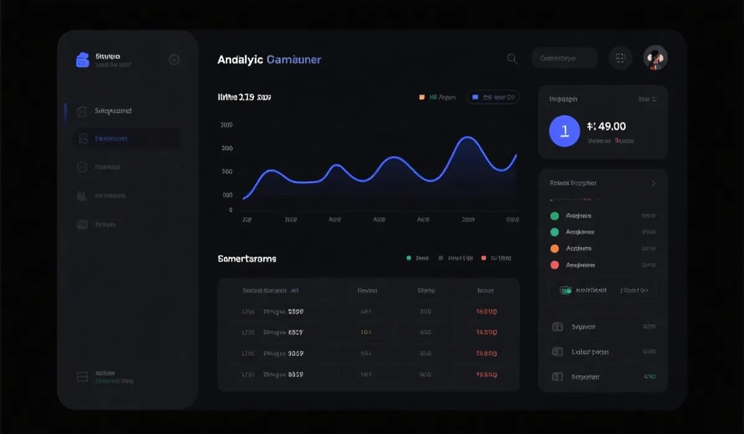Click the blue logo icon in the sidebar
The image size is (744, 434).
(x=82, y=60)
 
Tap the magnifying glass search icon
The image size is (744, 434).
(x=512, y=58)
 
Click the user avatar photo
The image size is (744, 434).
(x=655, y=58)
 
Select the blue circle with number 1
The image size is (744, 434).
(x=564, y=130)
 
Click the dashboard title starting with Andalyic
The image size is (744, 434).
(x=269, y=60)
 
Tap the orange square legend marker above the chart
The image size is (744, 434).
(x=422, y=97)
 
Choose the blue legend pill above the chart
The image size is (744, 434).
(x=493, y=97)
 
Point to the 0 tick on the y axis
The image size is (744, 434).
(x=230, y=210)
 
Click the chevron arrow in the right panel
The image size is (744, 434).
(x=653, y=184)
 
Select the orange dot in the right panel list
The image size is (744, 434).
(x=555, y=249)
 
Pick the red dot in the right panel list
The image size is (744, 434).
(x=555, y=265)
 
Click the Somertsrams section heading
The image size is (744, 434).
(x=247, y=259)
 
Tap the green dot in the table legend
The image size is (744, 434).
(x=408, y=258)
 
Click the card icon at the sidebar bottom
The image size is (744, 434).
(x=82, y=377)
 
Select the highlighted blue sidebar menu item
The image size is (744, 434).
(x=126, y=139)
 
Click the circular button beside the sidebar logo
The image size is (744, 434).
(x=174, y=60)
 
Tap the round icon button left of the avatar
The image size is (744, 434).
(x=620, y=58)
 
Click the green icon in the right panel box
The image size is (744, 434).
(x=565, y=290)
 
